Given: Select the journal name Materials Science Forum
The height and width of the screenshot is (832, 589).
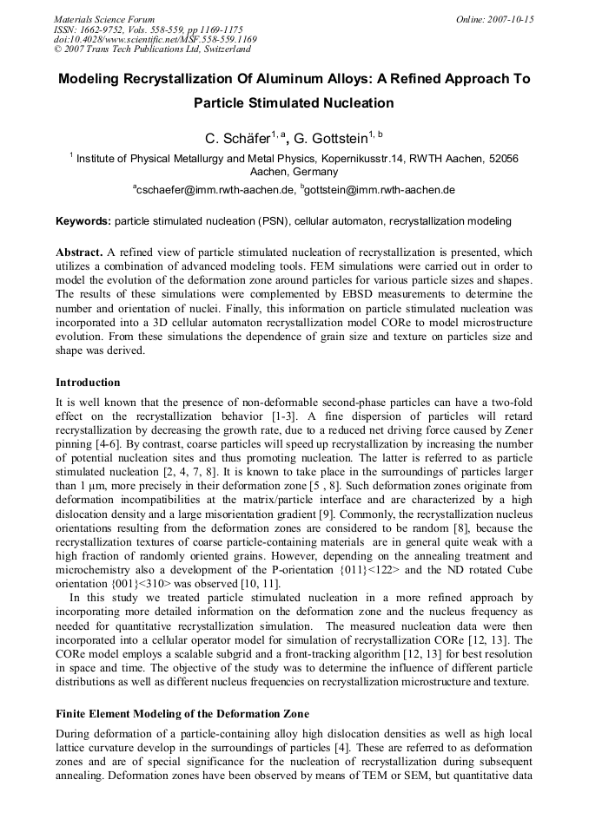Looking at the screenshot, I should point(104,18).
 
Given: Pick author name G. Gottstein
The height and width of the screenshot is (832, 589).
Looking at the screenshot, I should point(331,138).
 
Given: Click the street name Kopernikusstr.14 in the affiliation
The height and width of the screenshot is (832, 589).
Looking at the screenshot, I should point(395,159).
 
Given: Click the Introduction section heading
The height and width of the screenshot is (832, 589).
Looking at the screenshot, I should point(88,383).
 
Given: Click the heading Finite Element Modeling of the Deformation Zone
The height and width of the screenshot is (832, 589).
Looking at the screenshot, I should point(182,714).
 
